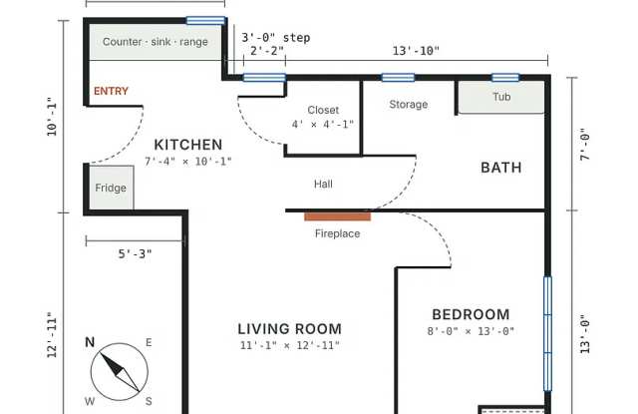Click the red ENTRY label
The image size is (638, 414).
111,91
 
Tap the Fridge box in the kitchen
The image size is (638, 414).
111,188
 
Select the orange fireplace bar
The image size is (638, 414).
337,216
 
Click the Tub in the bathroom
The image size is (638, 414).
501,97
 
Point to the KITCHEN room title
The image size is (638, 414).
188,145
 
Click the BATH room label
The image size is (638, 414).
501,168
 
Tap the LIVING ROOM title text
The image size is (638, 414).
290,328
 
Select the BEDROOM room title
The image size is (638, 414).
471,314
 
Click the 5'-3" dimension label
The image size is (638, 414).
136,254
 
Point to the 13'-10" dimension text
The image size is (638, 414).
416,51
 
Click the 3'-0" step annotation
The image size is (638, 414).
276,38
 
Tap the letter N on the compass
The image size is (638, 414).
90,342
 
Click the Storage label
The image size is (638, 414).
409,105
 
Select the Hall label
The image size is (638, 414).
323,184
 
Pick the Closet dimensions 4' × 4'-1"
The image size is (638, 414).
323,124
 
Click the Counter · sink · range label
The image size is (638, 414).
156,42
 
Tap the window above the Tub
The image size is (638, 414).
505,78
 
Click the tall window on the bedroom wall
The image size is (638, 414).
547,334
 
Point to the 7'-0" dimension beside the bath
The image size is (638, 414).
585,145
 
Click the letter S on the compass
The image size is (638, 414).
149,401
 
